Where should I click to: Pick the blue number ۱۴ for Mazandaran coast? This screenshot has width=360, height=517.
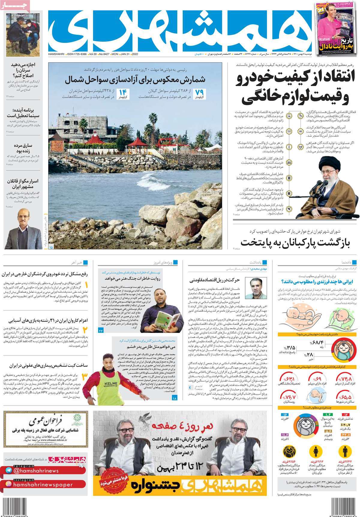[123, 92]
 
